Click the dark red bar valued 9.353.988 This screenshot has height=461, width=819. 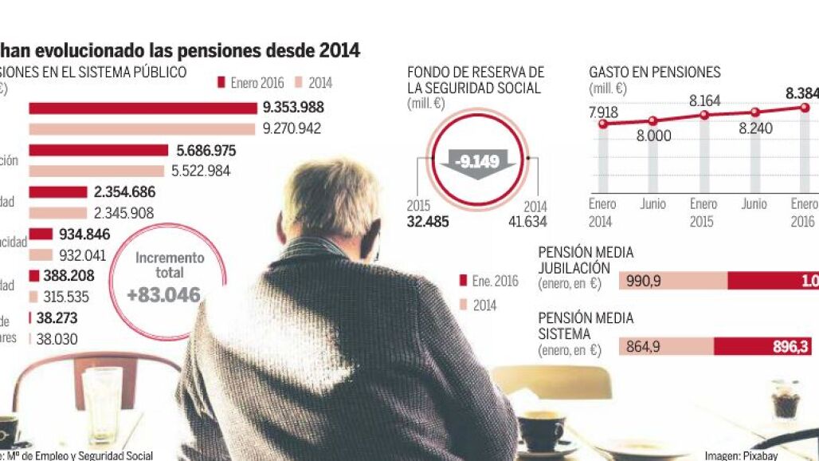[x=143, y=108]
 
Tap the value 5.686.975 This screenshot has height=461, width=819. [x=205, y=151]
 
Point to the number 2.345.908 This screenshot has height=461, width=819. [x=124, y=213]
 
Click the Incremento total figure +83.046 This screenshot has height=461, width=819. [x=163, y=295]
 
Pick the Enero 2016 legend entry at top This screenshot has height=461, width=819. [x=252, y=83]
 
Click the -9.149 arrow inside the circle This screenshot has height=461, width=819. [x=476, y=164]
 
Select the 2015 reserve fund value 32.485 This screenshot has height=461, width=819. [x=428, y=222]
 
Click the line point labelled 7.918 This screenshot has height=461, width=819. [x=602, y=124]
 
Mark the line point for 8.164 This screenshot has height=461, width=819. [x=704, y=115]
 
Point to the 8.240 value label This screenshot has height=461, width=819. [x=754, y=128]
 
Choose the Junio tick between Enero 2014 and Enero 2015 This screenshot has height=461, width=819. [x=653, y=204]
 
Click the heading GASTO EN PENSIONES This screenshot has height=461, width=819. [x=654, y=73]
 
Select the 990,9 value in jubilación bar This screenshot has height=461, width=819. [x=645, y=281]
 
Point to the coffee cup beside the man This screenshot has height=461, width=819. [x=542, y=429]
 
